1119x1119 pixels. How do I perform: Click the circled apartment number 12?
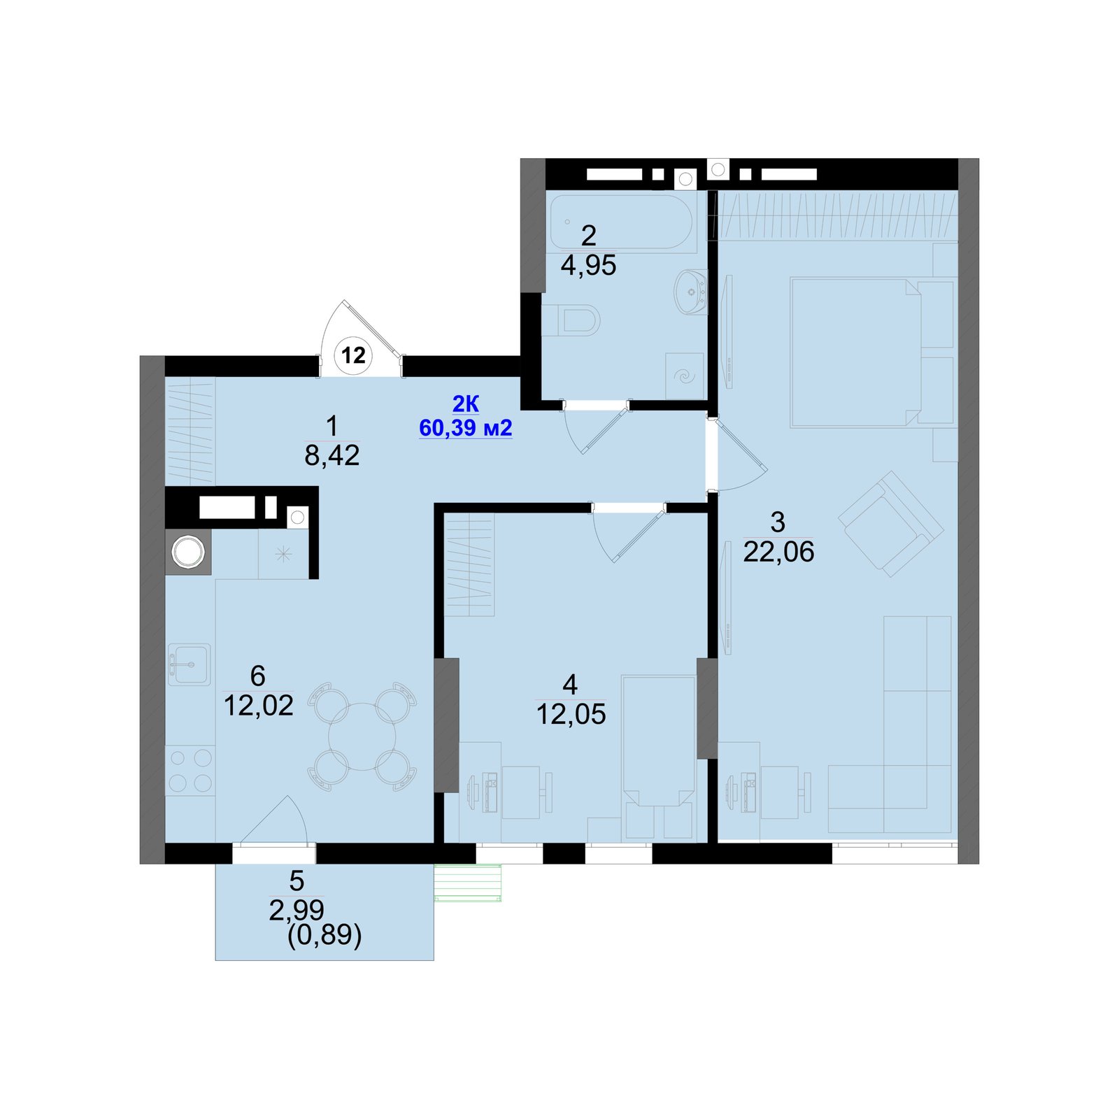[353, 355]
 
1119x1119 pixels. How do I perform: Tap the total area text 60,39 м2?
[466, 427]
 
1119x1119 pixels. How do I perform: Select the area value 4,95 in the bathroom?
[588, 266]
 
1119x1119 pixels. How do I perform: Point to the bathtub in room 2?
[622, 222]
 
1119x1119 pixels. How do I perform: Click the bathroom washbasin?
[691, 292]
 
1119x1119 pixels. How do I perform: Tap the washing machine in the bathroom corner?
[685, 376]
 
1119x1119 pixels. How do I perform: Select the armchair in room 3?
[890, 523]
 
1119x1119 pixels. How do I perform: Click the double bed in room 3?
[872, 352]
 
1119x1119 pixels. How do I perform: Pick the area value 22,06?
[778, 552]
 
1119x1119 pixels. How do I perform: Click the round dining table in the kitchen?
[362, 736]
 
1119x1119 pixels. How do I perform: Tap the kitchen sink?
[189, 664]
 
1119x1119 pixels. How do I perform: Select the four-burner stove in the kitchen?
[190, 771]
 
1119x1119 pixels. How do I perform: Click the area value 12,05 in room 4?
[571, 714]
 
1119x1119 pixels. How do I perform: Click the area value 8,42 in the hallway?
[332, 455]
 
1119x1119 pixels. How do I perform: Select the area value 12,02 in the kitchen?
[258, 706]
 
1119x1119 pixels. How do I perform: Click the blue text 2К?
[466, 404]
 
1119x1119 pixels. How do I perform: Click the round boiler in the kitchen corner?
[187, 552]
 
